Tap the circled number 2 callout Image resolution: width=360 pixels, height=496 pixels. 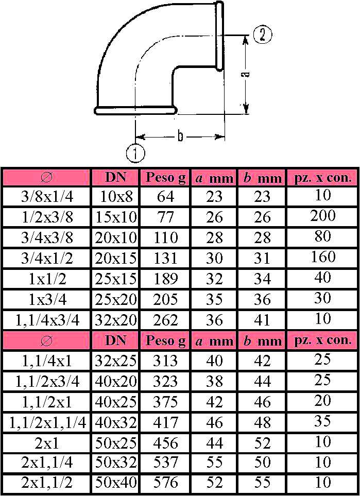[263, 36]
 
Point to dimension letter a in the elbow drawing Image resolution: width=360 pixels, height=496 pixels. [247, 74]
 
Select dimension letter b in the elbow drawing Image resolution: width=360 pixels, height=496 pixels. [180, 136]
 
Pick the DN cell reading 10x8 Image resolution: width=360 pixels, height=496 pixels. [115, 196]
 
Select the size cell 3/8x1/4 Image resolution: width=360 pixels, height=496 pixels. [47, 196]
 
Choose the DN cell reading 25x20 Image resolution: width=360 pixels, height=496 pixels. [115, 299]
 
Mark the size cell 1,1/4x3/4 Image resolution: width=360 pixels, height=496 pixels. [47, 320]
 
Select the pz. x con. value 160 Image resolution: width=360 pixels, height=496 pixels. [323, 256]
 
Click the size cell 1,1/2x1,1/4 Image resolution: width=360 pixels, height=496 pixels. [47, 423]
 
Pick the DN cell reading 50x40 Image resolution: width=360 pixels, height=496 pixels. [115, 483]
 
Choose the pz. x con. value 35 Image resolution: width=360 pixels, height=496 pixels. [323, 421]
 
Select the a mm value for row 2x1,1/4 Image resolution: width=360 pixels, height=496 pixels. [214, 463]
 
